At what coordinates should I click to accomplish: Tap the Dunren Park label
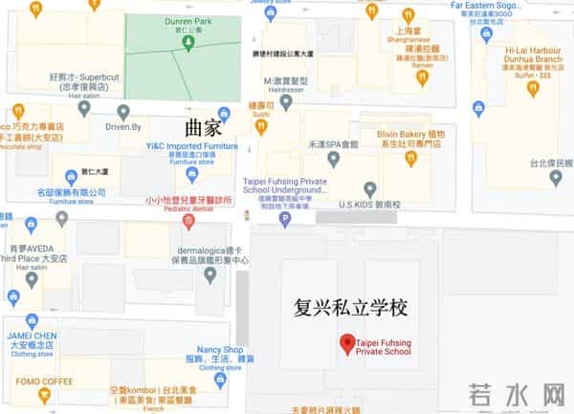click(188, 18)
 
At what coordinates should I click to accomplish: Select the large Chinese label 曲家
click(203, 125)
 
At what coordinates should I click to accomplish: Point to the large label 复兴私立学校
click(351, 309)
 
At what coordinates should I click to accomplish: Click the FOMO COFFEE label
click(43, 380)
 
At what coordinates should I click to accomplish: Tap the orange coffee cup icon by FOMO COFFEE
click(43, 396)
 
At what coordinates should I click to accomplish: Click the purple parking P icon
click(284, 220)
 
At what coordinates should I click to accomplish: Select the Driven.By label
click(123, 125)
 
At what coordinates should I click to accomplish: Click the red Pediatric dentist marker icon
click(188, 222)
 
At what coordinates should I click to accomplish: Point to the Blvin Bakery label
click(409, 137)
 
